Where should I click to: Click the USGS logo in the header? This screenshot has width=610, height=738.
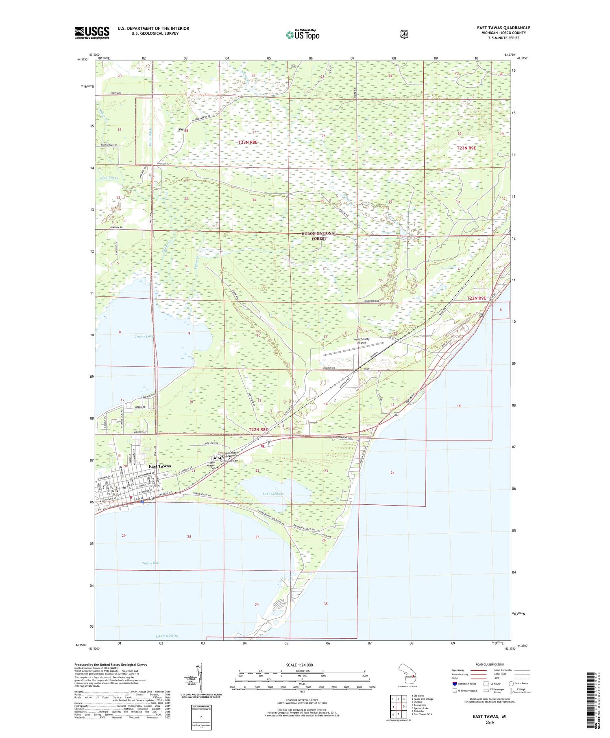(x=92, y=33)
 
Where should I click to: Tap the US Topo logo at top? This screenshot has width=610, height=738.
(x=303, y=35)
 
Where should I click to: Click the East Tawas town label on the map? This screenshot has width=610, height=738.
(x=160, y=466)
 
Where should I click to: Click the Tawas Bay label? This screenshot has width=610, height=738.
(x=150, y=563)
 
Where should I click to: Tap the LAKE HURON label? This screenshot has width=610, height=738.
(x=167, y=635)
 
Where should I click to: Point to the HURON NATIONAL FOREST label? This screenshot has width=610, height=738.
(x=319, y=236)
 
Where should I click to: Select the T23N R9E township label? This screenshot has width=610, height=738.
(x=466, y=148)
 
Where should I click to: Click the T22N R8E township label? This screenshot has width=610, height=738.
(x=258, y=429)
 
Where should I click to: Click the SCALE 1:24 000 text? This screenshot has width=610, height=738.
(x=299, y=665)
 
